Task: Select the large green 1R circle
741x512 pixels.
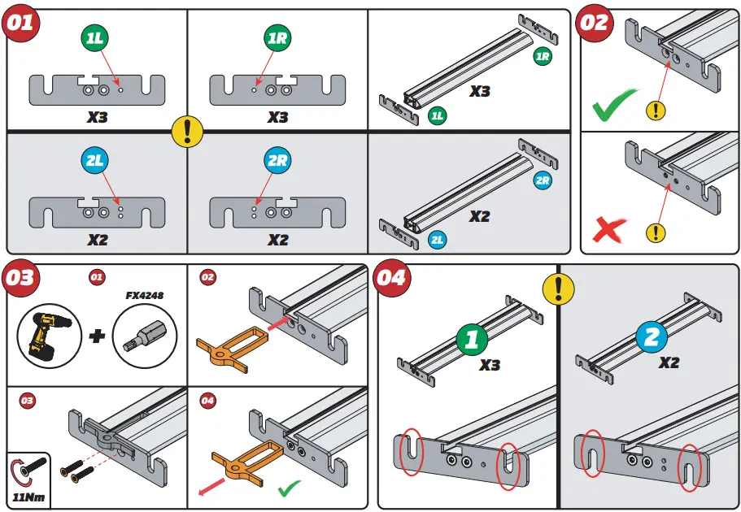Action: click(277, 37)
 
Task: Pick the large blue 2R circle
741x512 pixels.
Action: click(277, 160)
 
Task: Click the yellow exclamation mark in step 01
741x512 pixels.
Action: click(187, 131)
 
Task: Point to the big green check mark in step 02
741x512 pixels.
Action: click(614, 106)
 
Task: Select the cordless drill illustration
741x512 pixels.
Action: click(48, 332)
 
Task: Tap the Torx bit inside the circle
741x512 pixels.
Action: click(144, 333)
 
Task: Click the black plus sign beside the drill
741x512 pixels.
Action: click(97, 334)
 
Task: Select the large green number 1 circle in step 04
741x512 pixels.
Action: click(472, 340)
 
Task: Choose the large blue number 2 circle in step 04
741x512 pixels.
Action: click(651, 338)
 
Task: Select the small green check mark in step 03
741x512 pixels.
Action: click(289, 490)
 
